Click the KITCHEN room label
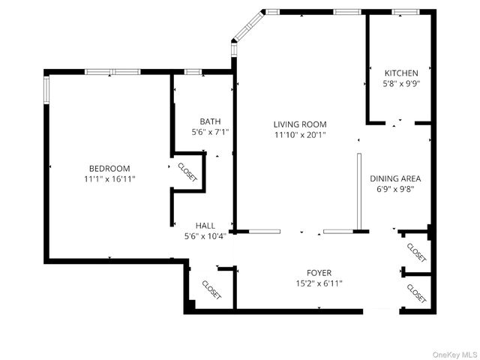(401, 73)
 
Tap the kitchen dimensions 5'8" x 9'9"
(401, 84)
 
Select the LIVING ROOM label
(300, 124)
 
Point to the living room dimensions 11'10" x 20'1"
(300, 135)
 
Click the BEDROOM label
(109, 169)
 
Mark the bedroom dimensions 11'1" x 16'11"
(109, 180)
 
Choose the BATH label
(210, 121)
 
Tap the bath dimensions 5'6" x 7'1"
(210, 132)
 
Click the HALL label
(205, 225)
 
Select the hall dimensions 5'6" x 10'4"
(205, 236)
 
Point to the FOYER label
(319, 272)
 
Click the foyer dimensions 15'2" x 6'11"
(319, 283)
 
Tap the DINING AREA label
(395, 178)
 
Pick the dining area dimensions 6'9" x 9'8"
(395, 189)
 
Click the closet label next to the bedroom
(187, 172)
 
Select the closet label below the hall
(211, 289)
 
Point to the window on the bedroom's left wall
(47, 90)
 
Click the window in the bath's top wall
(193, 72)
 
